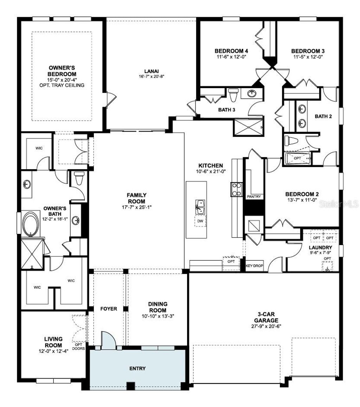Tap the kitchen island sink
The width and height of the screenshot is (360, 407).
point(200,206)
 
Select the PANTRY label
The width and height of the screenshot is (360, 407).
point(254,197)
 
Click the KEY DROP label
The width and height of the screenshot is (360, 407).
point(255,266)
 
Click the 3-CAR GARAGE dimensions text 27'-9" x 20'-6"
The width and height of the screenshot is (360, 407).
point(265,326)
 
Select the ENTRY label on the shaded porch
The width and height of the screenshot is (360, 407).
point(137,368)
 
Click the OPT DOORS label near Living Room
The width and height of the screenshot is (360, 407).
point(78,347)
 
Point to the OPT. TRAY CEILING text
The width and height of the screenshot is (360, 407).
point(62,85)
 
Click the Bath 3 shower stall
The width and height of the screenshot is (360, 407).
point(248,127)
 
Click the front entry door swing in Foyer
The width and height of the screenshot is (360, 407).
point(108,340)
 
